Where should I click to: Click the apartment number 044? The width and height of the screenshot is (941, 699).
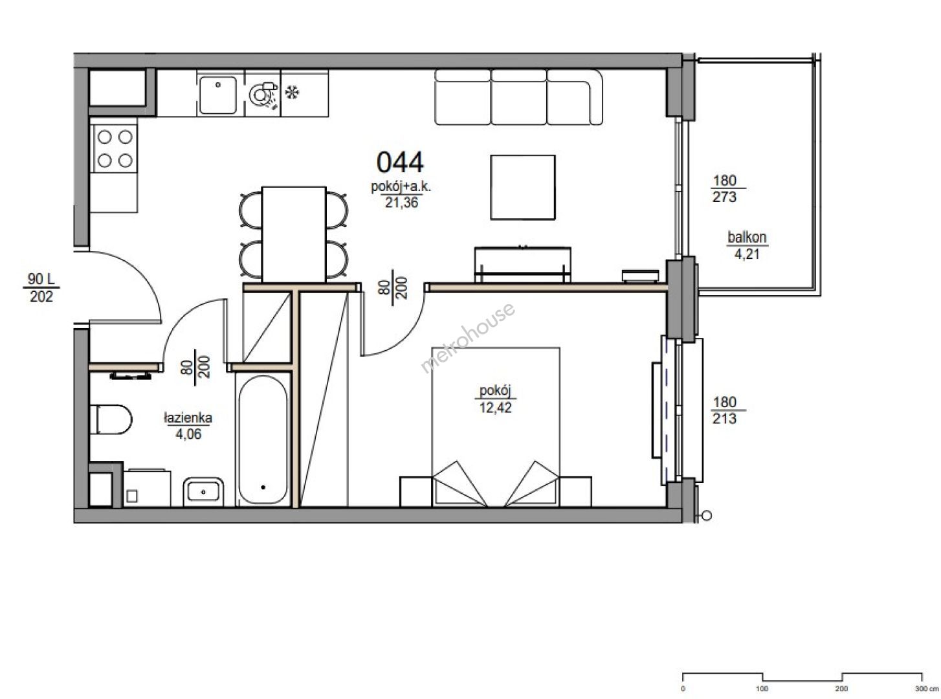tap(400, 162)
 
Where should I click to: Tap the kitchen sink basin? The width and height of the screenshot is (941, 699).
tap(217, 94)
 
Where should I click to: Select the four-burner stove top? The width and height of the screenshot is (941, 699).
tap(115, 149)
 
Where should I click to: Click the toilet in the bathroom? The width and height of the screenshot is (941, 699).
tap(111, 419)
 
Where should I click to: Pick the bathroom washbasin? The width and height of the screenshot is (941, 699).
tap(204, 491)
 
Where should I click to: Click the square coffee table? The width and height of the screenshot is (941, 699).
tap(523, 187)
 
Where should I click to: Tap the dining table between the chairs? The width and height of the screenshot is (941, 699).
tap(294, 234)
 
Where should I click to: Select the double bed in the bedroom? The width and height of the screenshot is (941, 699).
tap(496, 427)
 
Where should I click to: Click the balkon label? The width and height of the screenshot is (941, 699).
tap(747, 238)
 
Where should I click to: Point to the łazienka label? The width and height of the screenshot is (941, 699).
tap(188, 417)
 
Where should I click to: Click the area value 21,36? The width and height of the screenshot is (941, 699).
tap(401, 203)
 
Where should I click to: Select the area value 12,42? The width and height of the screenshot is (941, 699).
tap(495, 408)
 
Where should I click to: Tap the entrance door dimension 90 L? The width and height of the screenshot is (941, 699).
tap(41, 279)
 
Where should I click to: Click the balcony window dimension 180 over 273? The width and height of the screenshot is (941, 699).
tap(725, 188)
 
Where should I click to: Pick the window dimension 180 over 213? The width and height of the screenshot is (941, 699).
tap(725, 410)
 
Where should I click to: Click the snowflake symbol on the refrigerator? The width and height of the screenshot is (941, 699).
tap(292, 93)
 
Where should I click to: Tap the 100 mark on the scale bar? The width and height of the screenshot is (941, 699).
tap(762, 689)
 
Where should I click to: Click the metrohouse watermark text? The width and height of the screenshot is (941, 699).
tap(467, 337)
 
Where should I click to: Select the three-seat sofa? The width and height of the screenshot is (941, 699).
tap(518, 97)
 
